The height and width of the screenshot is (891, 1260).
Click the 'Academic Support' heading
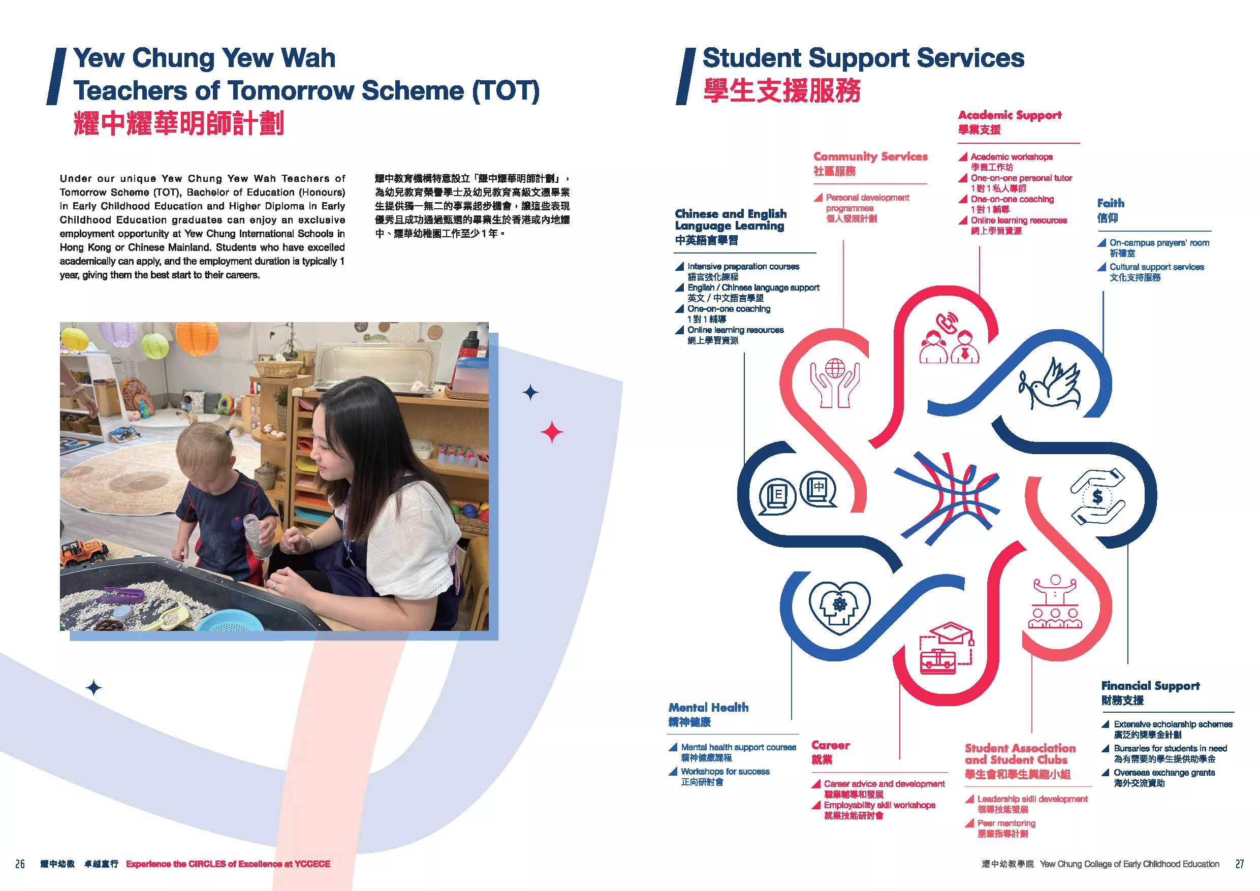(x=1010, y=115)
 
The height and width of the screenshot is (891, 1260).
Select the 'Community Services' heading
(x=870, y=156)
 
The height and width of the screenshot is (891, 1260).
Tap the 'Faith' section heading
(x=1111, y=203)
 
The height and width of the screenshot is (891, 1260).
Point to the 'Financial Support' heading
(x=1150, y=686)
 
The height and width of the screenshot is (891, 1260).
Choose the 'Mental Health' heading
(x=708, y=707)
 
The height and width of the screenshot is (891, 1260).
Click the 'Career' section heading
(x=830, y=745)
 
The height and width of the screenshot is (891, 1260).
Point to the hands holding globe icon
(x=835, y=383)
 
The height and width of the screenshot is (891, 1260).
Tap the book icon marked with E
(x=777, y=496)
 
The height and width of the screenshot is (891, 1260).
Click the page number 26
(x=20, y=864)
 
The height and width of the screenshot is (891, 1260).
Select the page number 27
(x=1240, y=864)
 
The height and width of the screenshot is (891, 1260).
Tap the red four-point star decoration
(x=552, y=432)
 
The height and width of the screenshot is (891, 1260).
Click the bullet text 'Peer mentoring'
(x=1006, y=823)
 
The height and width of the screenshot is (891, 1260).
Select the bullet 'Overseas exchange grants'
(x=1164, y=773)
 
